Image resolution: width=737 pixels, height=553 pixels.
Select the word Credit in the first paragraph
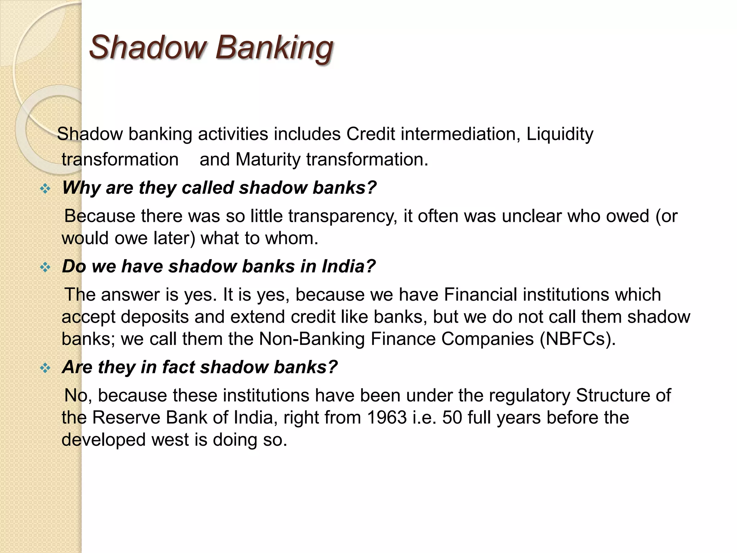coord(371,134)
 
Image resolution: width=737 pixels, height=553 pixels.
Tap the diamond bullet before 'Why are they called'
coord(45,188)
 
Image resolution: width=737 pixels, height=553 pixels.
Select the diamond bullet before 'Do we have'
coord(45,267)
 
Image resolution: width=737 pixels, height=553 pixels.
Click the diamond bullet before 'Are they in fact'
coord(45,368)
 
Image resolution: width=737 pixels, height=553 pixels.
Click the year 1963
coord(387,418)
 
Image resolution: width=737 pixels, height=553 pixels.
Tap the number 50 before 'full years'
coord(452,418)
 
